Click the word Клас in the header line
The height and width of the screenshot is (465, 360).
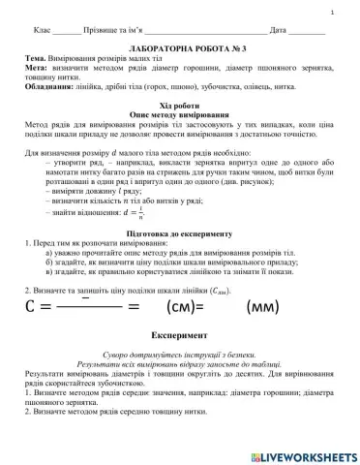coord(41,31)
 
